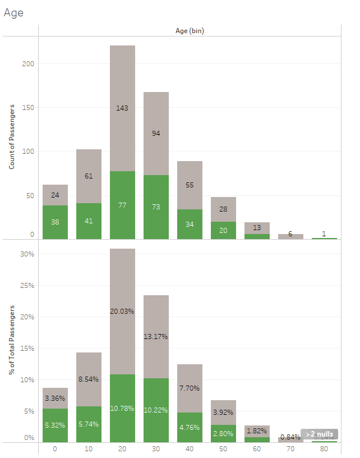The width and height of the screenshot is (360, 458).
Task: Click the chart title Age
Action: pos(13,13)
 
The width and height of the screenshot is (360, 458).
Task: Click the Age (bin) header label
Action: pos(190,31)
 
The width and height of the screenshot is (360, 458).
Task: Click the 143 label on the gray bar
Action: pos(122,108)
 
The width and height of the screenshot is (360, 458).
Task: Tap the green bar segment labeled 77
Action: pos(122,205)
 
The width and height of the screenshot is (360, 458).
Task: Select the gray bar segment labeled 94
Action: pos(156,134)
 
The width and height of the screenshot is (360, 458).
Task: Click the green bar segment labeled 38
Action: pos(55,222)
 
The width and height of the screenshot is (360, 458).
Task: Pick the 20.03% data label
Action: pos(122,311)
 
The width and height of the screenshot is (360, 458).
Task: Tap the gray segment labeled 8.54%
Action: pos(89,379)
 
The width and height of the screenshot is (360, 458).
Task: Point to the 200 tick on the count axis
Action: pos(29,64)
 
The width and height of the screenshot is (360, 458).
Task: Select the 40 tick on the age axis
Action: pos(190,449)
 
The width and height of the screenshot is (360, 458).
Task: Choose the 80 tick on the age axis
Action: pos(324,449)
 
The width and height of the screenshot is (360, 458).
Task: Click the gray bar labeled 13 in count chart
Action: pos(257,227)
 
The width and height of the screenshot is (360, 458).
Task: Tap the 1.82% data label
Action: pos(257,430)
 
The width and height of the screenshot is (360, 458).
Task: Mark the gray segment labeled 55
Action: pos(190,185)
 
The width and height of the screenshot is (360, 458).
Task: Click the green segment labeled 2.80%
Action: pos(223,433)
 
